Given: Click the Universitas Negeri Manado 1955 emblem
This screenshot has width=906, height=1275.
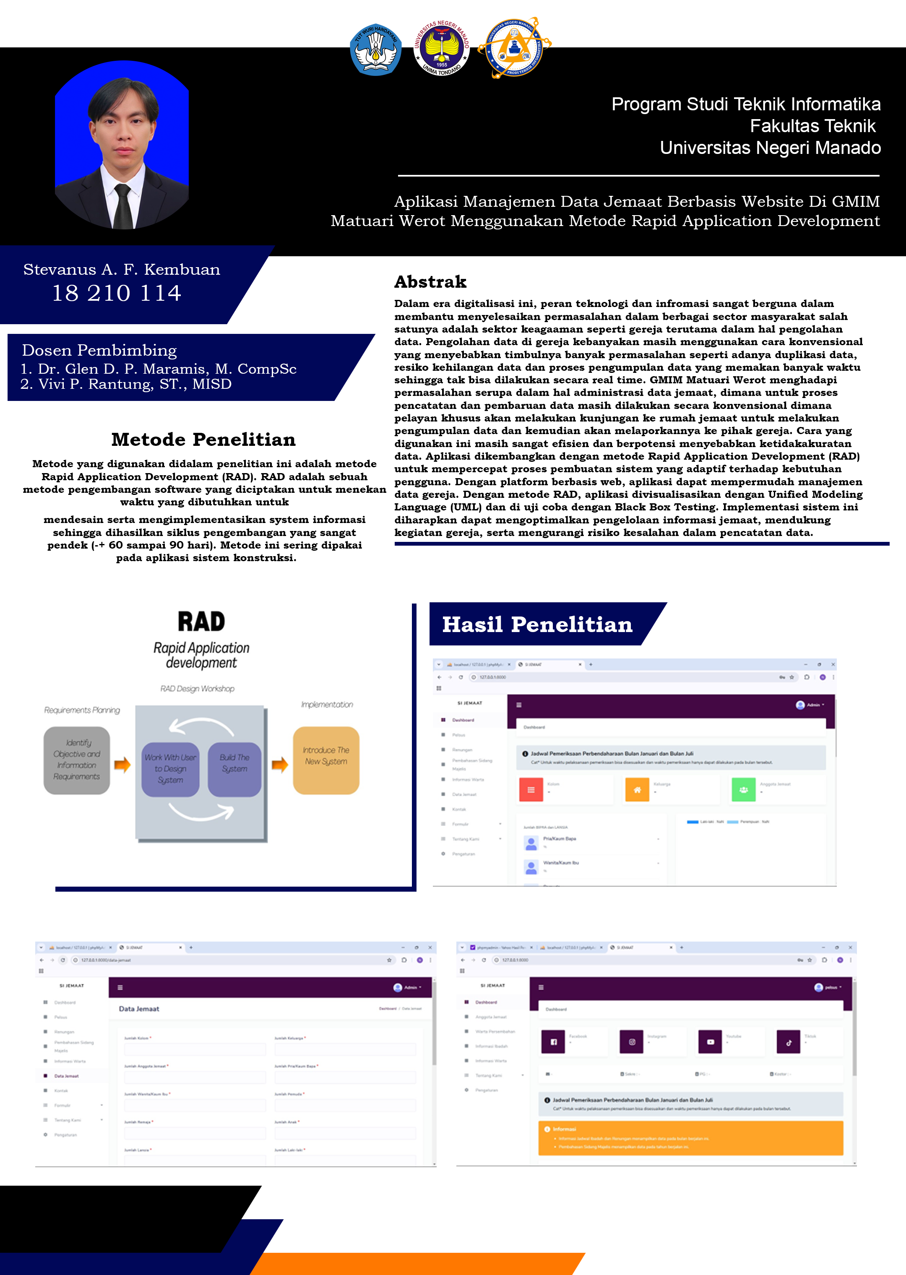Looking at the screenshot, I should click(x=441, y=49).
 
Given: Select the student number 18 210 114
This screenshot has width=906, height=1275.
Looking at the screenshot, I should click(x=117, y=293).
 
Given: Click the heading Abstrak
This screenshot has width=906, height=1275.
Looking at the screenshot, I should click(x=430, y=282).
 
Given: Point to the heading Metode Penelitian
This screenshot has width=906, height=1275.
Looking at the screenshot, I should click(x=203, y=440).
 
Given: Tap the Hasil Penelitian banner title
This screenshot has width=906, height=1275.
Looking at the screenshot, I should click(x=537, y=624).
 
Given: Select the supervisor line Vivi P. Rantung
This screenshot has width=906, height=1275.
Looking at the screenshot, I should click(x=126, y=384).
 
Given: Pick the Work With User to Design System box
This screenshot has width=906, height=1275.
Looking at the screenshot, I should click(x=170, y=769).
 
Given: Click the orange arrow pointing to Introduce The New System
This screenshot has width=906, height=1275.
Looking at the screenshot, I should click(x=280, y=764).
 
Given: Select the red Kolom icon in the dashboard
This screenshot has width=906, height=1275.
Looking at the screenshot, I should click(x=531, y=790).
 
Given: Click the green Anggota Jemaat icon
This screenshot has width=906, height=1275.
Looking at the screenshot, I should click(x=743, y=790).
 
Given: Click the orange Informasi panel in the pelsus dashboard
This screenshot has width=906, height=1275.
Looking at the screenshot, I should click(x=690, y=1138).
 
